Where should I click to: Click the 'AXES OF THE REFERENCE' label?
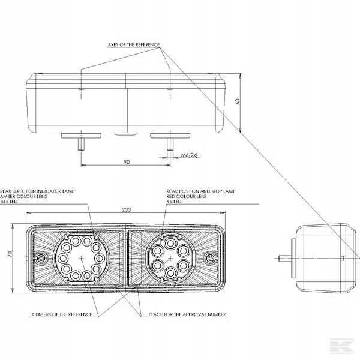(134, 45)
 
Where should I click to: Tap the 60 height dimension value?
(238, 101)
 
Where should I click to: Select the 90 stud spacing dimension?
(127, 162)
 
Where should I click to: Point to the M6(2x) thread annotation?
(189, 155)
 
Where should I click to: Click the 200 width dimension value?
(126, 209)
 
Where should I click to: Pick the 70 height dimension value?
(10, 254)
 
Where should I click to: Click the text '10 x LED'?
(9, 202)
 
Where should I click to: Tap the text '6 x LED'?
(174, 202)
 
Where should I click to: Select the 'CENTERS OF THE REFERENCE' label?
(62, 314)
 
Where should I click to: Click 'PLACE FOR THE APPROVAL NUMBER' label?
(187, 314)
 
